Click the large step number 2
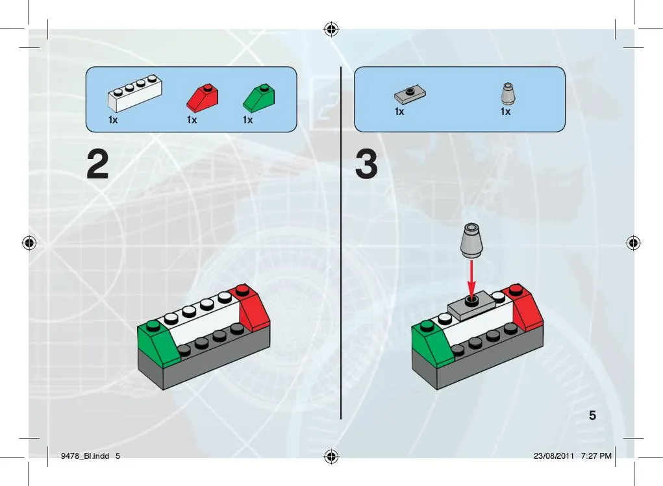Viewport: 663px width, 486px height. tap(97, 164)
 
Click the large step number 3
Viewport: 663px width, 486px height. tap(366, 164)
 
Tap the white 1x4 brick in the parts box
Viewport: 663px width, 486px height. tap(135, 93)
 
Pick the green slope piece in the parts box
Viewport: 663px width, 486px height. tap(259, 97)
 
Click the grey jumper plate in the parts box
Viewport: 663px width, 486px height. tap(410, 95)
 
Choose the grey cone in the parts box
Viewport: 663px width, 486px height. tap(508, 93)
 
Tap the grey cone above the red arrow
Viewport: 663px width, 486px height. tap(471, 240)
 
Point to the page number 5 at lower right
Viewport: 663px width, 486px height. tap(592, 415)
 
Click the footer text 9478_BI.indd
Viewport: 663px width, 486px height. tap(85, 456)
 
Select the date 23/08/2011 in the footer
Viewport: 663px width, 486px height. tap(554, 456)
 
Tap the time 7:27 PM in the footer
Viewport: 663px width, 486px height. tap(596, 456)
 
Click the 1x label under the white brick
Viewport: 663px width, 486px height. tap(113, 120)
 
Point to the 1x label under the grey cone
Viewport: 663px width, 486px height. tap(505, 112)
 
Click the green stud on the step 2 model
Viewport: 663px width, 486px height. tap(153, 326)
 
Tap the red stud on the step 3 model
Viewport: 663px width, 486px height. tap(516, 290)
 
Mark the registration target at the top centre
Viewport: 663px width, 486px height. tap(331, 30)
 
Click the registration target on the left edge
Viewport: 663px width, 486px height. tap(29, 243)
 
